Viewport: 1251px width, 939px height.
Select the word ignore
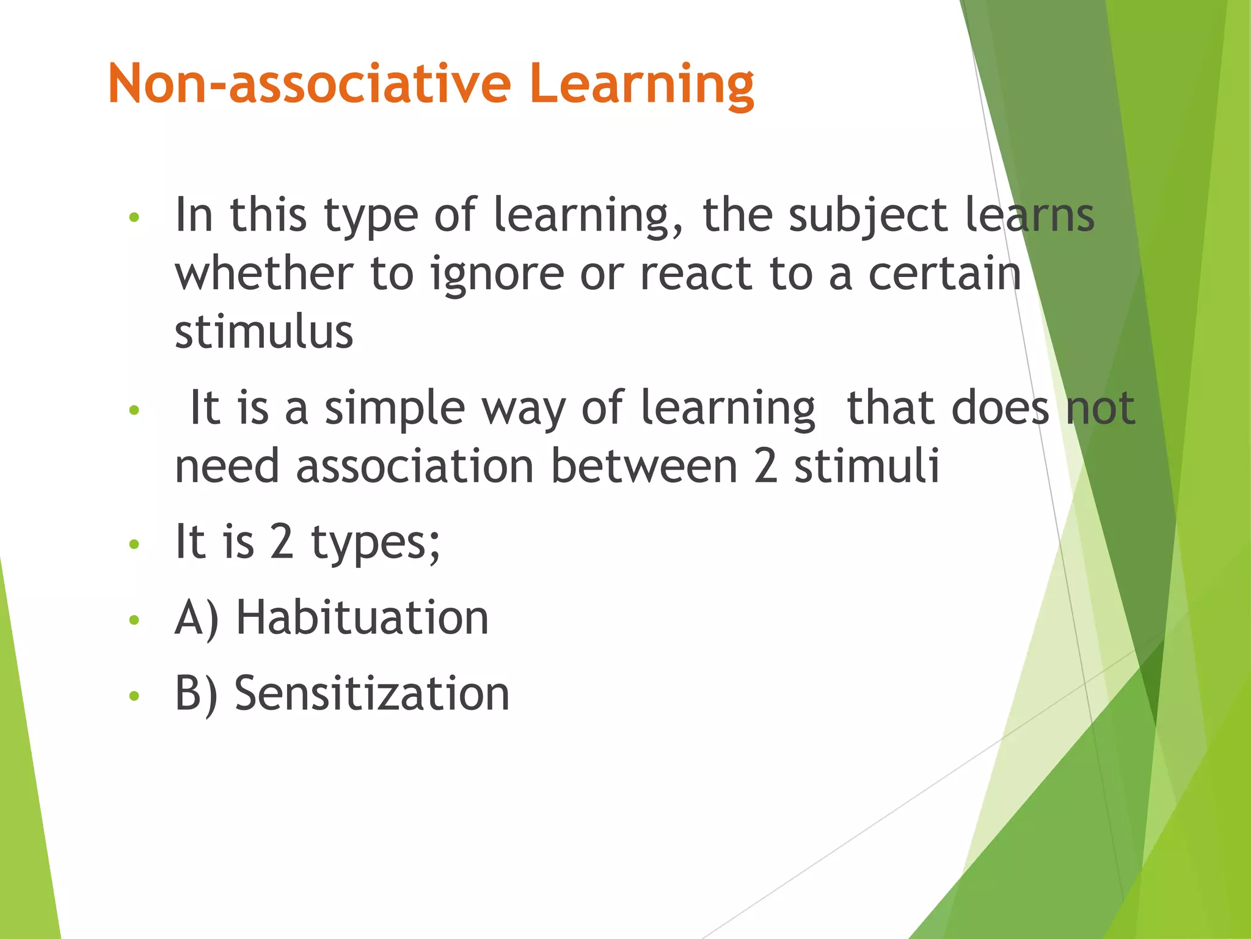(497, 275)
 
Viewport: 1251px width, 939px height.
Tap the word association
(415, 466)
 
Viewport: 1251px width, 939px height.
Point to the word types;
(375, 543)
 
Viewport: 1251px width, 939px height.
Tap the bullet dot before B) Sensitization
(134, 695)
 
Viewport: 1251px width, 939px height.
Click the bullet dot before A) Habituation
(134, 620)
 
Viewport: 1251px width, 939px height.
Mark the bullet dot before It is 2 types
(134, 544)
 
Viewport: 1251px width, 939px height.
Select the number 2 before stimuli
(766, 466)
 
